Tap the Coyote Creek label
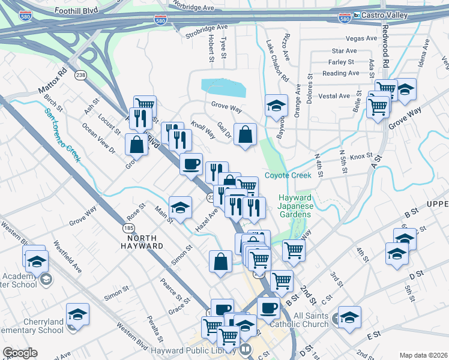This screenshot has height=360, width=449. (x=288, y=175)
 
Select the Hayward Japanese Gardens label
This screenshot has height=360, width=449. (x=295, y=206)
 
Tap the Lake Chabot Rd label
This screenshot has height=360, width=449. (x=277, y=61)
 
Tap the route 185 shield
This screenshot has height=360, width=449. (x=128, y=228)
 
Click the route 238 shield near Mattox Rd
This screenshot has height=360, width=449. (x=80, y=76)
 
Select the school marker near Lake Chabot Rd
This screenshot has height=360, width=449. (x=276, y=106)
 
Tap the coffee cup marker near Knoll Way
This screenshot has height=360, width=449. (x=191, y=163)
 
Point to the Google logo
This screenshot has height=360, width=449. (x=20, y=353)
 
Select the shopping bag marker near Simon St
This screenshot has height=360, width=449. (x=220, y=262)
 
